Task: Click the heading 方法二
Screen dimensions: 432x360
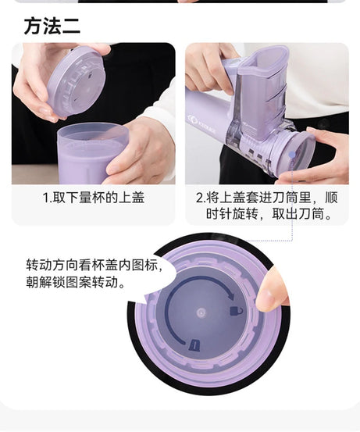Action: (x=52, y=26)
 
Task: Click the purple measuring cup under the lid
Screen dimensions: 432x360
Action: (x=91, y=153)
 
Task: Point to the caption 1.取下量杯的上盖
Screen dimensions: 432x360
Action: (x=93, y=198)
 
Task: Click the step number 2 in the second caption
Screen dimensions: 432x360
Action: (x=200, y=198)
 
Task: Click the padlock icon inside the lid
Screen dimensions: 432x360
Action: (x=235, y=311)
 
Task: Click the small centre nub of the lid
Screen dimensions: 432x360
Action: (x=201, y=312)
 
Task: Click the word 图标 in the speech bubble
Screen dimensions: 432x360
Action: (x=143, y=265)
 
